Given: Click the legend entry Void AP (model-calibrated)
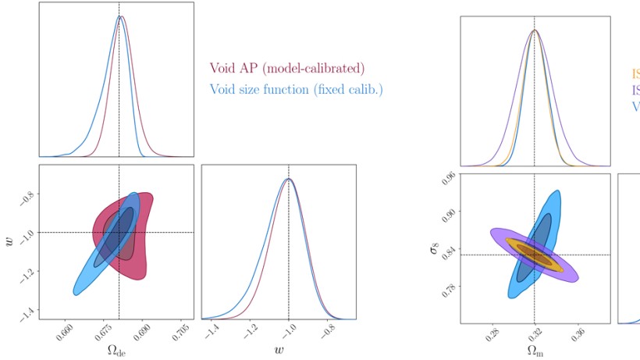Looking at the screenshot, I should coord(286,69).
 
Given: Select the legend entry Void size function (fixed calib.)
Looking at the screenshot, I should coord(296,89).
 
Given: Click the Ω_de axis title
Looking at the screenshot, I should coord(118,349).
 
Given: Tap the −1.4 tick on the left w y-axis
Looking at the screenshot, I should coord(28,312).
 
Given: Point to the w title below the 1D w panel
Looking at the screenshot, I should coord(279,349).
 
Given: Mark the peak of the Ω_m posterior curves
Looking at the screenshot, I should coord(535,30).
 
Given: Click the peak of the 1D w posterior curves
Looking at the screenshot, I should coord(289,179).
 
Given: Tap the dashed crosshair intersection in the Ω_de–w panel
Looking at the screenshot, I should coord(119,232).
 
